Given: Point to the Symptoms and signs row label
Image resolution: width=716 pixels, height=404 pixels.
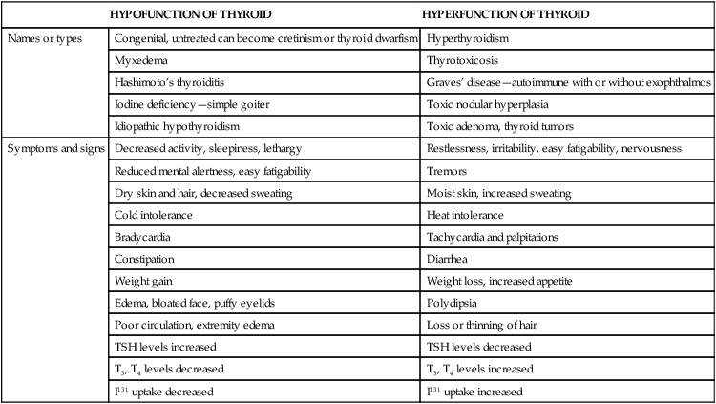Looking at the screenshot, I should pos(54,150).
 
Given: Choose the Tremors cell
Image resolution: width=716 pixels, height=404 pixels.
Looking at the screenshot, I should pos(446,172).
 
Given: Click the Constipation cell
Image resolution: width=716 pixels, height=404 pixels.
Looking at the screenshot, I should pos(143,260).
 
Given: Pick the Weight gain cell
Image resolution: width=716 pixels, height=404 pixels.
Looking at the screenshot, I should pos(140,282).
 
